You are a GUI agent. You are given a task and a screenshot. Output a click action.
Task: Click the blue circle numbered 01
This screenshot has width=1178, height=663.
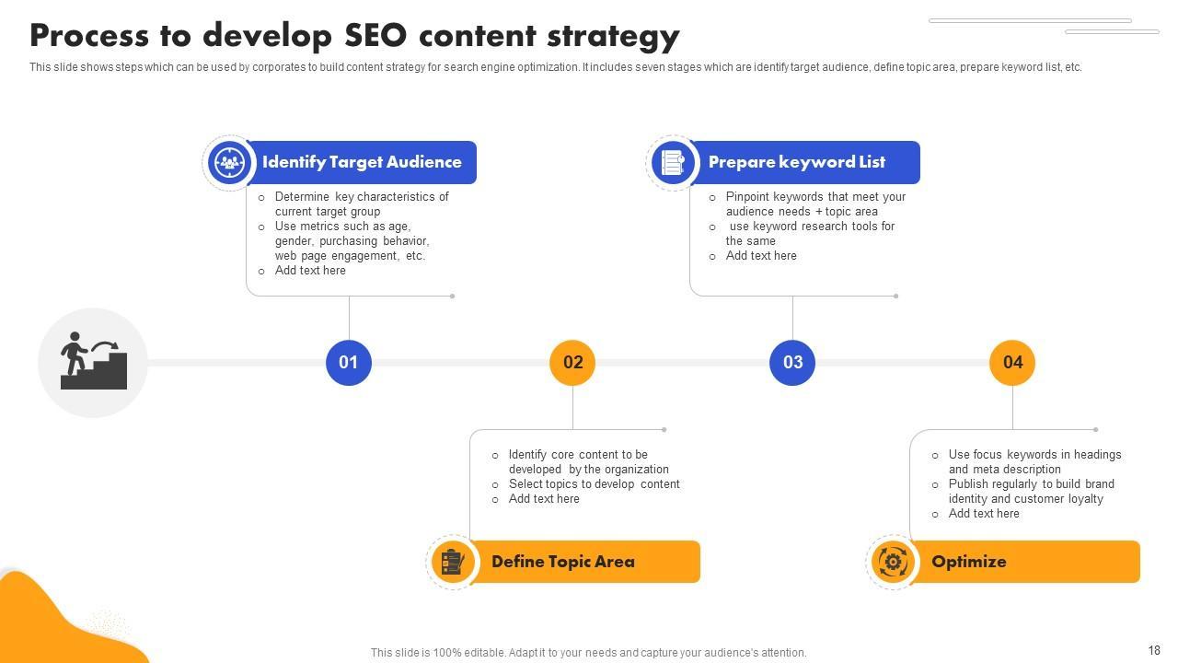349,363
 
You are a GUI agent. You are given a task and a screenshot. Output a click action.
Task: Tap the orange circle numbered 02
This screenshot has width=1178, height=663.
572,363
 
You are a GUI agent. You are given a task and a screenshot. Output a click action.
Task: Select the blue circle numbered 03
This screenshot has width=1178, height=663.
792,363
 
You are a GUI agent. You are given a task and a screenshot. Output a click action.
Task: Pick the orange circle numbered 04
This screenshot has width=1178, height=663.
1012,363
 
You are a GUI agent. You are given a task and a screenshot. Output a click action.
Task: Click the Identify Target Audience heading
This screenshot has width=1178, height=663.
362,162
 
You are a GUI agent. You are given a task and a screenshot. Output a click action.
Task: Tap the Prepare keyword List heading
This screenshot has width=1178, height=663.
796,162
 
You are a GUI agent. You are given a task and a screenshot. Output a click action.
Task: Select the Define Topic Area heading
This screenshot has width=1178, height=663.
562,562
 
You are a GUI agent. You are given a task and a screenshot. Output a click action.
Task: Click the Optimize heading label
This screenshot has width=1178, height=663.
968,562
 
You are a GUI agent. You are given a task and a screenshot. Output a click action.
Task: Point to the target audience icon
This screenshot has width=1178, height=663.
228,163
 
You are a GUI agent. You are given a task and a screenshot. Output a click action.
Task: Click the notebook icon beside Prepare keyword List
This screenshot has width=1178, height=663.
673,163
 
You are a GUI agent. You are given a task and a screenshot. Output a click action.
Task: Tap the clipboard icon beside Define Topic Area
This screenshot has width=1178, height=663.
452,562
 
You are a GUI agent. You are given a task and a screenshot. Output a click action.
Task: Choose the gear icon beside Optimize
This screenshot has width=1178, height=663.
892,562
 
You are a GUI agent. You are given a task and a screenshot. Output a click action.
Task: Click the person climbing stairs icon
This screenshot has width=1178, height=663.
93,362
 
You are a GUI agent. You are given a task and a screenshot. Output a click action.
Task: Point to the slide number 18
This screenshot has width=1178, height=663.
1154,650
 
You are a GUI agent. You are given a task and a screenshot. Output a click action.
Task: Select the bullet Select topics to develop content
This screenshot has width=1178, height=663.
594,484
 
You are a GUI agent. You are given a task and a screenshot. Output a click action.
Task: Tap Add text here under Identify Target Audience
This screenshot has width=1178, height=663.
310,271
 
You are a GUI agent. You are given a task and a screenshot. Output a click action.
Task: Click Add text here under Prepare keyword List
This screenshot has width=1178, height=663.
761,256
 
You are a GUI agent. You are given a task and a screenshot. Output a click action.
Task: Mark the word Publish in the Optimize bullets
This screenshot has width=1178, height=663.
968,484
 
